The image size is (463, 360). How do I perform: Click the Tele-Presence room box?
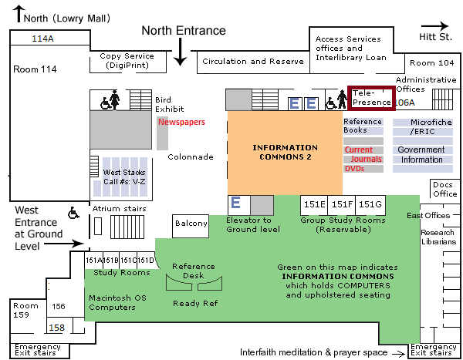pos(371,97)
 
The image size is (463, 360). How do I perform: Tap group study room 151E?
pos(314,204)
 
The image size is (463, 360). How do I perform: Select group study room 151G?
pos(370,204)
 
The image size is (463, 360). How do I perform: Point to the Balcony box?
pos(191,224)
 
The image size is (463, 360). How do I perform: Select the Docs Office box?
pos(444,189)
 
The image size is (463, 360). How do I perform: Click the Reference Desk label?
pos(194,271)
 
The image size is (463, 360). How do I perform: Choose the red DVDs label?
pos(354,168)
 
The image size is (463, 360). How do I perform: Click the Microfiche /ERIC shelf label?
pos(421,126)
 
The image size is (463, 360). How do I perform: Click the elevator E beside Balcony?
pos(237,204)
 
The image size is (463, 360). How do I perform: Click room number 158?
pos(56,328)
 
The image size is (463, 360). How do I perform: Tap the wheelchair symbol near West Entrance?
pos(74,212)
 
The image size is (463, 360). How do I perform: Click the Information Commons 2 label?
pos(285,152)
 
